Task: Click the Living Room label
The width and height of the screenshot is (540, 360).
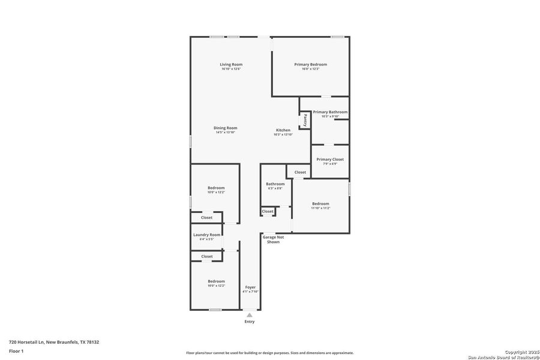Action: coord(231,64)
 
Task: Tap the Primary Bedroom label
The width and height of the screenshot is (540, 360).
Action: coord(310,64)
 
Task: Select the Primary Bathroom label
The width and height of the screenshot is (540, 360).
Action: coord(330,112)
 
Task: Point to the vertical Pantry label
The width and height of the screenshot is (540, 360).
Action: coord(305,119)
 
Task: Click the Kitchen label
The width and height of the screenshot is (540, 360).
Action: coord(283,130)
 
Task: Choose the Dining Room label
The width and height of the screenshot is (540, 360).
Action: coord(226,128)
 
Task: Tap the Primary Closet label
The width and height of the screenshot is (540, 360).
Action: coord(330,160)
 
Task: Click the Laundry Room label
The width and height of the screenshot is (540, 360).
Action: coord(206,235)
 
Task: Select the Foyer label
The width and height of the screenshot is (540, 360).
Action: coord(250,287)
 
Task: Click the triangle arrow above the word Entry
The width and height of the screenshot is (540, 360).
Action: coord(250,314)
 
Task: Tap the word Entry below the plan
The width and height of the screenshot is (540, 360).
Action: coord(250,322)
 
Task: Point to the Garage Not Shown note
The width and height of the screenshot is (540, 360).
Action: coord(273,239)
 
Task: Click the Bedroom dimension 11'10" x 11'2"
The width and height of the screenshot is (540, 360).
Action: coord(320,208)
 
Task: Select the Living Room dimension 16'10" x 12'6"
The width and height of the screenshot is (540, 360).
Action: coord(231,69)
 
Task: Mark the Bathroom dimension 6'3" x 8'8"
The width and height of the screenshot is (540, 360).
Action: coord(275,188)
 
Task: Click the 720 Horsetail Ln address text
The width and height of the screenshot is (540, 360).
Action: coord(54,342)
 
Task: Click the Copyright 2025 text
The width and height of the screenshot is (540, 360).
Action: coord(518,352)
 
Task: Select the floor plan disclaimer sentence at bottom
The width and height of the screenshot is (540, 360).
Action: coord(269,353)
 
